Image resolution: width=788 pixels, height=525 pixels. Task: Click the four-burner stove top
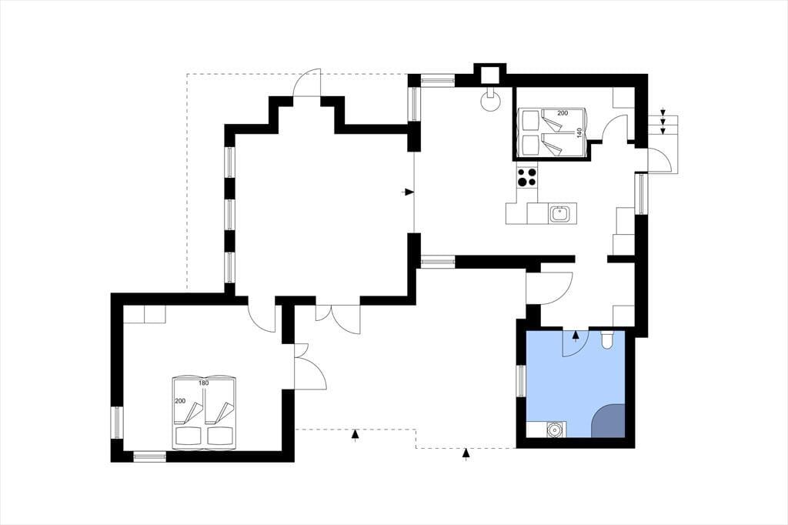coord(526,176)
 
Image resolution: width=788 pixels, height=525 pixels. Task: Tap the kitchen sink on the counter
coord(559,213)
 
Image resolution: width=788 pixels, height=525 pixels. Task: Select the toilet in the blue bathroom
coord(606,340)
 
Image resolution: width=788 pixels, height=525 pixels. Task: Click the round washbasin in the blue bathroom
coord(555,430)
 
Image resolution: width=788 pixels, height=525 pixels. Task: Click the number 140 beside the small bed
coord(579,132)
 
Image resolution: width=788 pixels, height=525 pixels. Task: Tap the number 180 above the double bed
coord(203,383)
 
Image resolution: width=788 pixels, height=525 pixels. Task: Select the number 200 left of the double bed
coord(179,401)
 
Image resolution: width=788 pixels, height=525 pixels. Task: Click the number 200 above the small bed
coord(563,113)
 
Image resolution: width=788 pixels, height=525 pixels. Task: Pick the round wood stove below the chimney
coord(490,101)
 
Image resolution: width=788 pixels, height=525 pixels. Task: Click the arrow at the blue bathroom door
coord(576,336)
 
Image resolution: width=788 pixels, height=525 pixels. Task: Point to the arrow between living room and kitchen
coord(409,192)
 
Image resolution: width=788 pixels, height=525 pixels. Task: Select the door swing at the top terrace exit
coord(306,82)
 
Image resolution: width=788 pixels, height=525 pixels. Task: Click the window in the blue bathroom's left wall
coord(521,381)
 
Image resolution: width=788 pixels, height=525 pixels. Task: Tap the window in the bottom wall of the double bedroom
coord(150,456)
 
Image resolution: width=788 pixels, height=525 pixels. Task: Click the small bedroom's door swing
coord(614,127)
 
